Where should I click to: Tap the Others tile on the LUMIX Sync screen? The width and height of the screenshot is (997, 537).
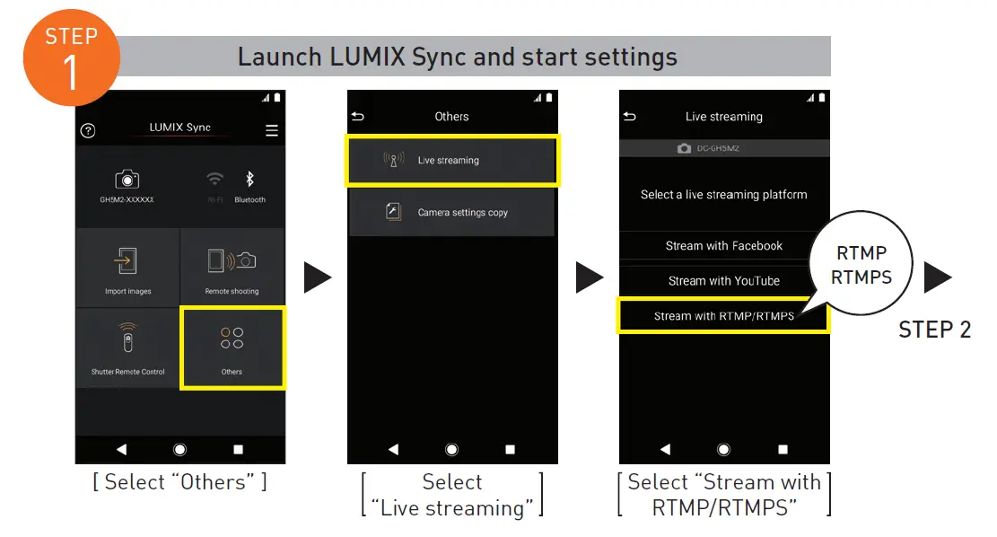tap(232, 348)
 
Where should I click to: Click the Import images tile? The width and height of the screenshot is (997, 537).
tap(128, 268)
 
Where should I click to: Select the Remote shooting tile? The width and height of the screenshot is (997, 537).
tap(232, 268)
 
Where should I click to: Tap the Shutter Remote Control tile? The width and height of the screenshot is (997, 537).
tap(128, 348)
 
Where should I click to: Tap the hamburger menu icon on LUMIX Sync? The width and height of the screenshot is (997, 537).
tap(272, 130)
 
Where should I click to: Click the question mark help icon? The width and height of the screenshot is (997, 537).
tap(88, 130)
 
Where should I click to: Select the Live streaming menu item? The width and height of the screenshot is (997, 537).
tap(451, 161)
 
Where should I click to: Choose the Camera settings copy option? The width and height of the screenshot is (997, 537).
tap(451, 213)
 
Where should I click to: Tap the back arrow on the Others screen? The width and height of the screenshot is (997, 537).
tap(359, 117)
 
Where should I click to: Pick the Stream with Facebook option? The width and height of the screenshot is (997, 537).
tap(723, 246)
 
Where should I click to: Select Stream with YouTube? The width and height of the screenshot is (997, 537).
tap(723, 281)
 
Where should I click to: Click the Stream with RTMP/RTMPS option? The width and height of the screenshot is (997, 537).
tap(723, 316)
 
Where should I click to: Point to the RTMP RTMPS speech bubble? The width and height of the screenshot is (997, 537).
tap(861, 266)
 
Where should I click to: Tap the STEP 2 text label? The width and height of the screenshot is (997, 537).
tap(935, 330)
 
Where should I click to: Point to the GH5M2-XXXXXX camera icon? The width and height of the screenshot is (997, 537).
tap(127, 180)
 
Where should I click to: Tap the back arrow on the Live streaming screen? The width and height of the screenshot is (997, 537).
tap(630, 117)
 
